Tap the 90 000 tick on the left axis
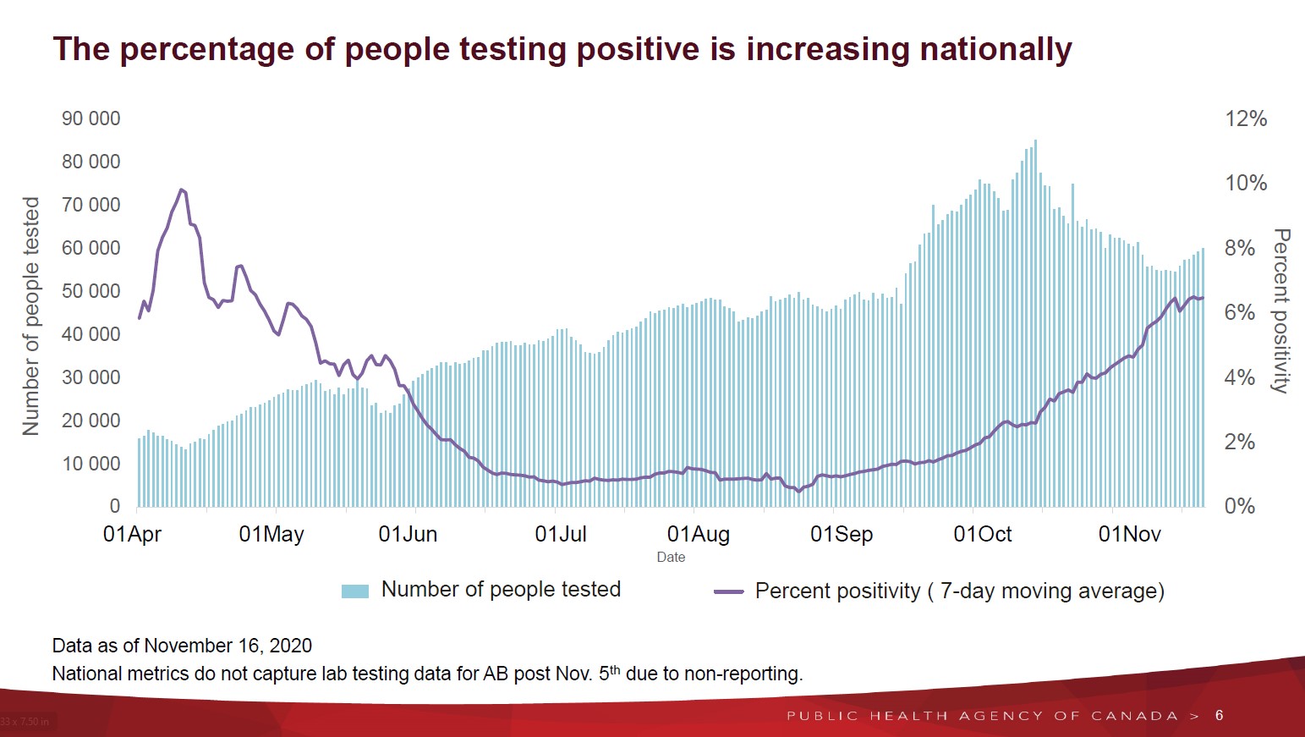[x=90, y=118]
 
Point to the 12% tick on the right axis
[x=1246, y=118]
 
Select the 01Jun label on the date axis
[x=408, y=534]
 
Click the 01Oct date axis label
[x=982, y=534]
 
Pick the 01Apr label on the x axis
[x=132, y=534]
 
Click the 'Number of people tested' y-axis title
[x=31, y=316]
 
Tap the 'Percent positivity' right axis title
[x=1281, y=311]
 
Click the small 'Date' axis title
[x=671, y=557]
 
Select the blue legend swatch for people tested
[x=355, y=591]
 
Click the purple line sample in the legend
[x=728, y=591]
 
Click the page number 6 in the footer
[x=1219, y=715]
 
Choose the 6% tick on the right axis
[x=1239, y=312]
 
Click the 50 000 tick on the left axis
[x=90, y=291]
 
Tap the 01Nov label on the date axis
[x=1129, y=534]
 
